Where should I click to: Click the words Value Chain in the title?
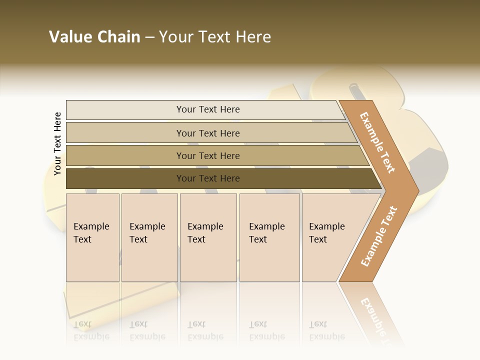coord(94,37)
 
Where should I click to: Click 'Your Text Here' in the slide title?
coord(215,37)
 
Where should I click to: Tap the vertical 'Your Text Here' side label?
coord(57,143)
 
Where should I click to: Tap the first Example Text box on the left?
coord(92,237)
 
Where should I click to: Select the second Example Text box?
coord(149,237)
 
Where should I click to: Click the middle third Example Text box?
coord(208,237)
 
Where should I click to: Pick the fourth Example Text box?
coord(269,237)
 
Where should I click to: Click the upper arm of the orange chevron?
coord(378,142)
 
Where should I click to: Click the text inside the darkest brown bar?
coord(208,178)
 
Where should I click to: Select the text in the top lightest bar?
coord(208,109)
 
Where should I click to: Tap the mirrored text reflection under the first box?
coord(91,330)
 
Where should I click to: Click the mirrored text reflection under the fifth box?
coord(326,330)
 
